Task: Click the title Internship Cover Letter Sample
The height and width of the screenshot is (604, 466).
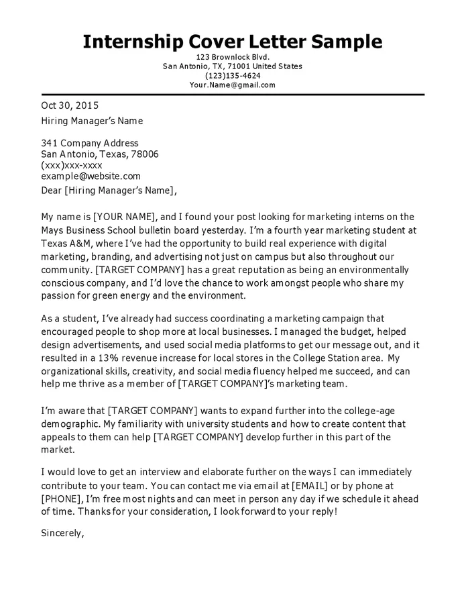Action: tap(232, 42)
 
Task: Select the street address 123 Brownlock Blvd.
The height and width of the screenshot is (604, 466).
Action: tap(232, 57)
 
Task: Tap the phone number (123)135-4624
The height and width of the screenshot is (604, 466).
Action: tap(232, 76)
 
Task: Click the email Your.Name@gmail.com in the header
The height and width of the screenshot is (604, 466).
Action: tap(232, 85)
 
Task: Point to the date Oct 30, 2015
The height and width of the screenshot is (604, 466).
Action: tap(70, 105)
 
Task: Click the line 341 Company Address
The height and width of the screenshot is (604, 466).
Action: tap(90, 143)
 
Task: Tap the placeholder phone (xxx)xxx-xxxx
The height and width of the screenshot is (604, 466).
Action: tap(72, 165)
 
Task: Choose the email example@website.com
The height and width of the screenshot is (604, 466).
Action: tap(91, 176)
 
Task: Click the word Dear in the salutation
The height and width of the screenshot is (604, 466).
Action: tap(52, 191)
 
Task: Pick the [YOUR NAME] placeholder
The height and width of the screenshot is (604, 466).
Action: tap(124, 217)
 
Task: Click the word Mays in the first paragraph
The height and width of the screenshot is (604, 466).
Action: tap(54, 230)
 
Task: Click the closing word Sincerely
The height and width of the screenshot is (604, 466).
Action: tap(62, 534)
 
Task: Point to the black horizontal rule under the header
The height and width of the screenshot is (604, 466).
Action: tap(232, 95)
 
